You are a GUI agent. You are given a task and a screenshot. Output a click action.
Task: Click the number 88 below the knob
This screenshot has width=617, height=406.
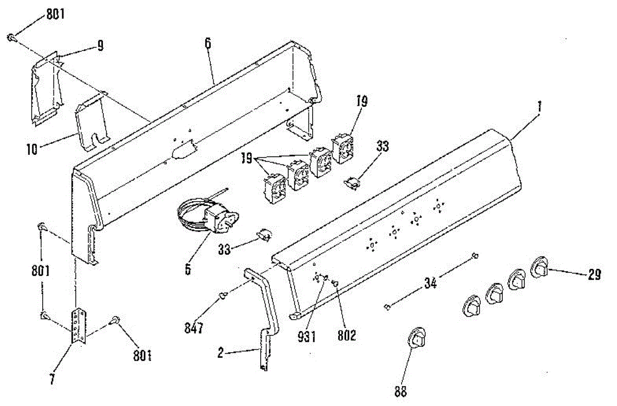point(401,392)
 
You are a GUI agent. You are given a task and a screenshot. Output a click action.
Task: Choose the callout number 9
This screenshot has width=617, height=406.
point(100,46)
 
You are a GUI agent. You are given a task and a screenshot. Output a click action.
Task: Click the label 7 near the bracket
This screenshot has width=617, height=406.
point(53,380)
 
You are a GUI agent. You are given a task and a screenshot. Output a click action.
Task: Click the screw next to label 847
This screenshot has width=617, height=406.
point(224,295)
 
